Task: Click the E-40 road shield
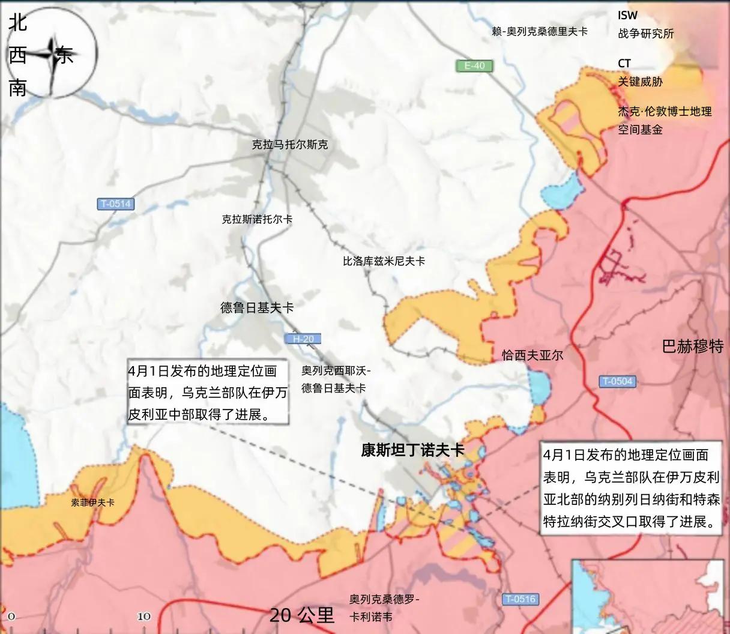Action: click(474, 65)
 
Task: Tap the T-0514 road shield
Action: click(115, 204)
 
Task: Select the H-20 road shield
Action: click(303, 339)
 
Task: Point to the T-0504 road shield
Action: click(617, 381)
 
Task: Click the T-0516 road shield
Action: click(519, 599)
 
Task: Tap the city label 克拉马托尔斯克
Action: click(290, 145)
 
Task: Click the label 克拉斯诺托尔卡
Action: click(257, 220)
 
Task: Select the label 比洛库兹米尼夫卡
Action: click(384, 261)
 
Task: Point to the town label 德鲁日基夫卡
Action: click(257, 308)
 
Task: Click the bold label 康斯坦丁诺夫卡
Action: click(412, 450)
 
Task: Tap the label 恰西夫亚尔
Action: click(532, 355)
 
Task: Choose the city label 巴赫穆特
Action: click(693, 346)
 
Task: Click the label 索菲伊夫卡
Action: click(92, 503)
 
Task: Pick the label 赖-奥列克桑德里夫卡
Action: click(539, 31)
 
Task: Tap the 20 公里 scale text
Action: click(301, 615)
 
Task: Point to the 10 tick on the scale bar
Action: click(144, 617)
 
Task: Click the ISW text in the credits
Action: click(628, 16)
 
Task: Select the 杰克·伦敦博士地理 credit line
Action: click(665, 112)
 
